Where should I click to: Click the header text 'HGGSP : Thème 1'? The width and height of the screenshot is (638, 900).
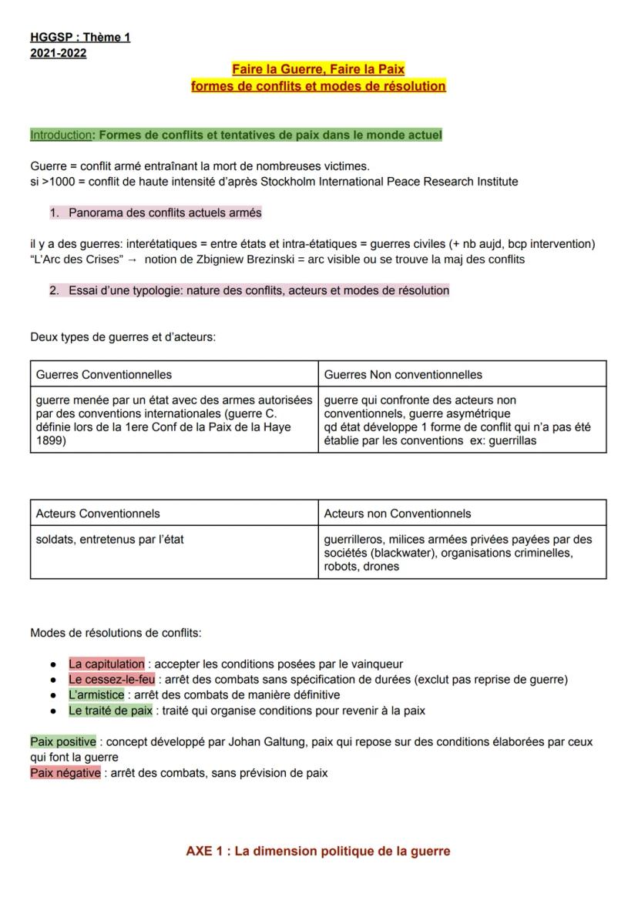[80, 37]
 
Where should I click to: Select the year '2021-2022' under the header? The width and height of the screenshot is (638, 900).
[59, 52]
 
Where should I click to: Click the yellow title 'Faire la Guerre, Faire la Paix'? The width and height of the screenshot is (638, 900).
[318, 70]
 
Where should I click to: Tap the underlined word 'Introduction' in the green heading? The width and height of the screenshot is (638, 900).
[60, 136]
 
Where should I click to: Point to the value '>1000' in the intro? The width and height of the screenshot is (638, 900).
[57, 182]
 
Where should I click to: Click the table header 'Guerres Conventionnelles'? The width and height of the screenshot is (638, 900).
[104, 374]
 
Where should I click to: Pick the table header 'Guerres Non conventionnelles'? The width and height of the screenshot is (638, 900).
[403, 374]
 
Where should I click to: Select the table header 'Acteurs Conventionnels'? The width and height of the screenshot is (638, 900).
[98, 514]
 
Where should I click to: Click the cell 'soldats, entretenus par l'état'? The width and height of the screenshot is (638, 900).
[110, 539]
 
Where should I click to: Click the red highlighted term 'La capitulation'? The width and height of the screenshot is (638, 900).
[106, 664]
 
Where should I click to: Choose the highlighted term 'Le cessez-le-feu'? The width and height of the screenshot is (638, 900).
[112, 679]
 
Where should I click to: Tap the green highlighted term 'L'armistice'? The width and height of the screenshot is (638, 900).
[96, 694]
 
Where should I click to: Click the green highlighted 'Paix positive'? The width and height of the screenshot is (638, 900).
[63, 742]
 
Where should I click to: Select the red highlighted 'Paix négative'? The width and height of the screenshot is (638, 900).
[65, 773]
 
